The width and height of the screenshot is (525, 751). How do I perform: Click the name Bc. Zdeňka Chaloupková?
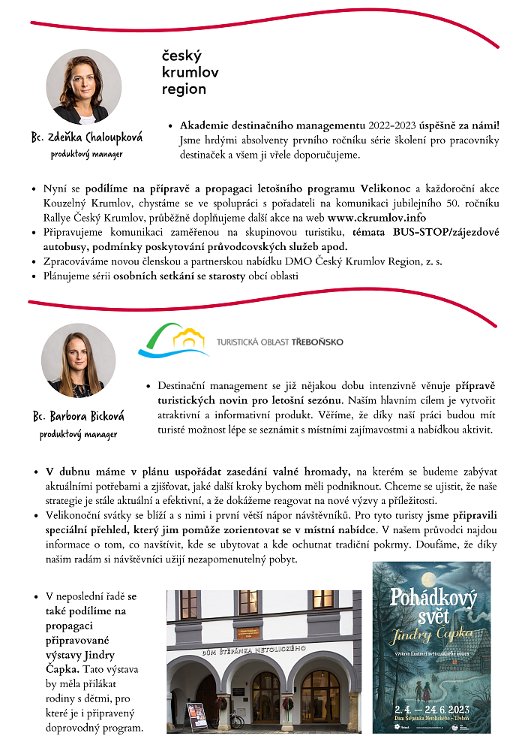coord(87,137)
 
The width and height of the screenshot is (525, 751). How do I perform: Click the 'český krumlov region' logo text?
coord(184,73)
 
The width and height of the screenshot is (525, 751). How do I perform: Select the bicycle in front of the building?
coord(236,719)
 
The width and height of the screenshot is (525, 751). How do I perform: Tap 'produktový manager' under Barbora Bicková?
coord(79,434)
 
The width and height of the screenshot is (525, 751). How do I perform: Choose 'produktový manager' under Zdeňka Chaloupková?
coord(87,154)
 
